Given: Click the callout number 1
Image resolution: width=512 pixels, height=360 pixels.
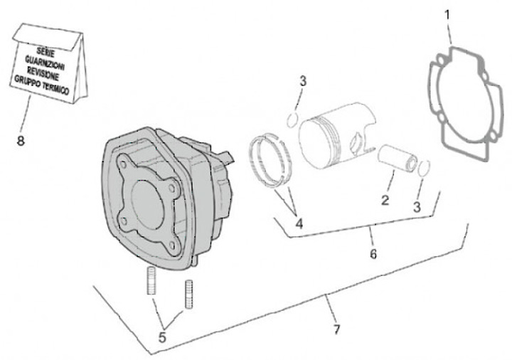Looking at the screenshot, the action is pos(447,14).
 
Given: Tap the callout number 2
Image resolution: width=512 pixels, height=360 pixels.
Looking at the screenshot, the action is pos(384,200).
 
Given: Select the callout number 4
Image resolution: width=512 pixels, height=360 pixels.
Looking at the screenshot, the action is pos(299,223).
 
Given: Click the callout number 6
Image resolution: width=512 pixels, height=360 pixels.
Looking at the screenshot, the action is pos(373,253).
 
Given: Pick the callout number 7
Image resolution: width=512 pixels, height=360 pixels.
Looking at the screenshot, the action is pos(336,329).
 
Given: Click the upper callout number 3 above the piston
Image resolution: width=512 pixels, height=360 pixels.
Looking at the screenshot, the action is pos(302,80).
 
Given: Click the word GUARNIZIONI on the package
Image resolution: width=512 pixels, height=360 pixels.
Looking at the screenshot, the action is pos(48,60).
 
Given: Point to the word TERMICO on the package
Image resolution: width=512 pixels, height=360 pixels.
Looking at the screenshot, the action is pos(64,84).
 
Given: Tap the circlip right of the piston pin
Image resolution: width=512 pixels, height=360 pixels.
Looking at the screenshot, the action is pos(425,168).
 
